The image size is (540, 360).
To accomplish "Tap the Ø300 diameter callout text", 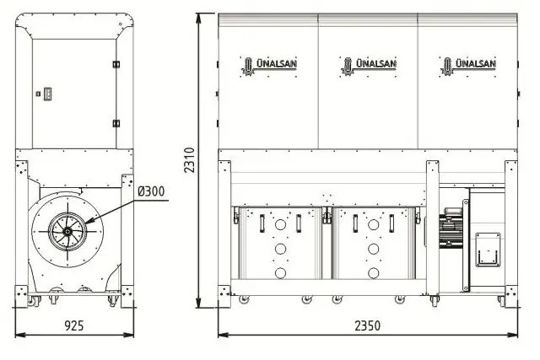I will coord(153,191).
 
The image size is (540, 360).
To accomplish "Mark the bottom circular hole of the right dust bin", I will coord(373,272).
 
